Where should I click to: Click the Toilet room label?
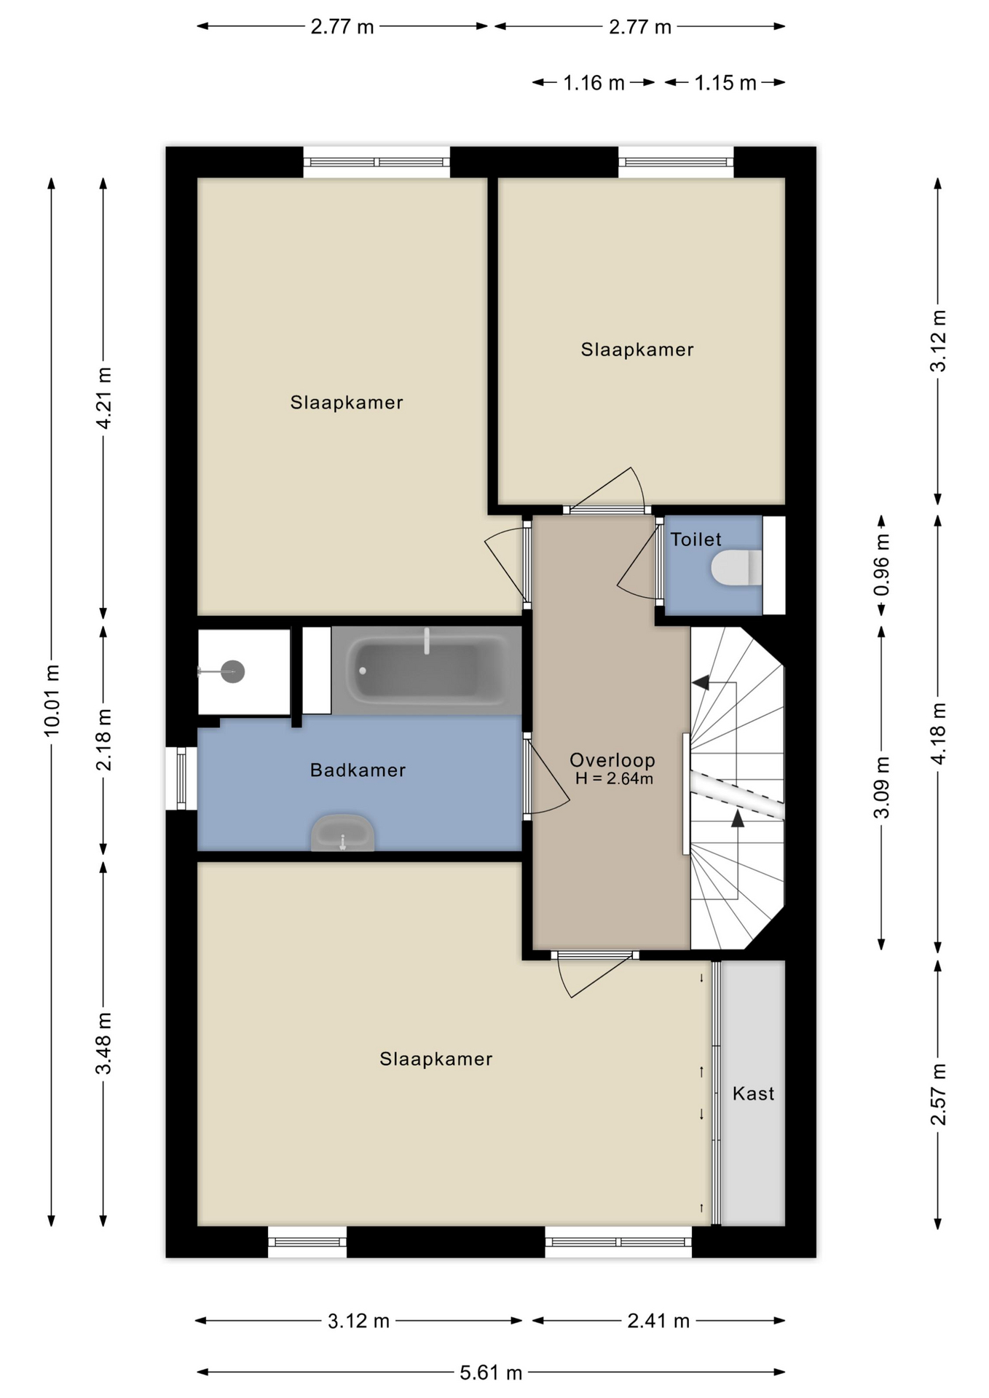click(x=696, y=540)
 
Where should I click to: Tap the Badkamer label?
click(x=358, y=770)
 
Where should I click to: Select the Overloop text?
click(x=612, y=760)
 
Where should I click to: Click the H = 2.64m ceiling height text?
click(x=614, y=779)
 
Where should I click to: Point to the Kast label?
click(x=753, y=1094)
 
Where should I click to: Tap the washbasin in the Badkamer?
click(x=342, y=833)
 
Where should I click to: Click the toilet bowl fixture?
click(x=736, y=568)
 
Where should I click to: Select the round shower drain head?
click(x=232, y=671)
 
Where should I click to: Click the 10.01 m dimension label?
click(x=52, y=700)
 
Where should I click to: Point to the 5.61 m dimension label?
click(x=491, y=1373)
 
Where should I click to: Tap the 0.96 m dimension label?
click(x=881, y=566)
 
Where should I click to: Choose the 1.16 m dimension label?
click(x=594, y=83)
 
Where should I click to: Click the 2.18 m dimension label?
click(x=103, y=740)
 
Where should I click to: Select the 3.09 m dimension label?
click(x=881, y=788)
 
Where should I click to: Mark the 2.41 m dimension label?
click(x=658, y=1321)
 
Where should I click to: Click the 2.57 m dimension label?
click(x=938, y=1094)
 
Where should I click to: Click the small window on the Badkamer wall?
click(x=181, y=778)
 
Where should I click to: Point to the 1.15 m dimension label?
click(x=725, y=83)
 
